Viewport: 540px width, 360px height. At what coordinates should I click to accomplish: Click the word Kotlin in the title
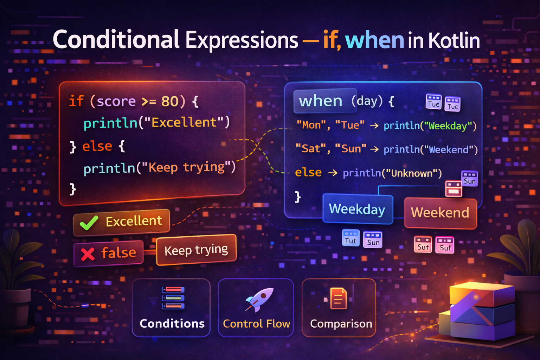pos(454,40)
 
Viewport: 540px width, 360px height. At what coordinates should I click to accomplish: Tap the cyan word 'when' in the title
pos(374,40)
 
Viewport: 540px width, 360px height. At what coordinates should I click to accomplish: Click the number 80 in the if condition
pos(170,101)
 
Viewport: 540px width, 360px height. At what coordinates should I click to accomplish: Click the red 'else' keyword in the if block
pos(97,146)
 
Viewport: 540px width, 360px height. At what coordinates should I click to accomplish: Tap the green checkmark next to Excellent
pos(89,223)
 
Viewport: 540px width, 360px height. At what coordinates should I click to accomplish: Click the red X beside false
pos(88,254)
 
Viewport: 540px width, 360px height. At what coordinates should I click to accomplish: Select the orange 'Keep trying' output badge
pos(196,250)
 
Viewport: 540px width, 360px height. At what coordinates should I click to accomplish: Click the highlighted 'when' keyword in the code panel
pos(320,101)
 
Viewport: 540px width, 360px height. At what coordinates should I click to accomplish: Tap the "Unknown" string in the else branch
pos(412,173)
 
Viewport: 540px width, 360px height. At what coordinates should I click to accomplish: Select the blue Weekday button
pos(357,209)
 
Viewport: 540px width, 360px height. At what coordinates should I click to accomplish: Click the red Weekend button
pos(440,213)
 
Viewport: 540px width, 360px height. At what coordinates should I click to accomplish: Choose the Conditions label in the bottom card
pos(172,323)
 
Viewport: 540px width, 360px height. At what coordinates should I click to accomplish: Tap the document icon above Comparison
pos(338,298)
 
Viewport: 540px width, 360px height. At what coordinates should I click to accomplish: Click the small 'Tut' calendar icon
pos(351,238)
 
